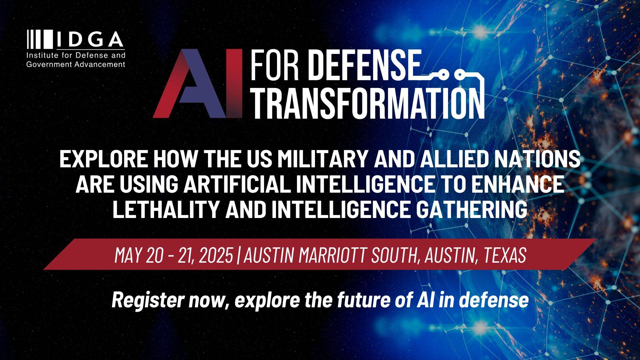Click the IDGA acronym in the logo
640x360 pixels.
pyautogui.click(x=90, y=39)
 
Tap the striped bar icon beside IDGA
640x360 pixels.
pyautogui.click(x=40, y=39)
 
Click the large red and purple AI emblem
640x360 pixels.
pyautogui.click(x=198, y=83)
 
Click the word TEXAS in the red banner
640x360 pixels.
pyautogui.click(x=505, y=255)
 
